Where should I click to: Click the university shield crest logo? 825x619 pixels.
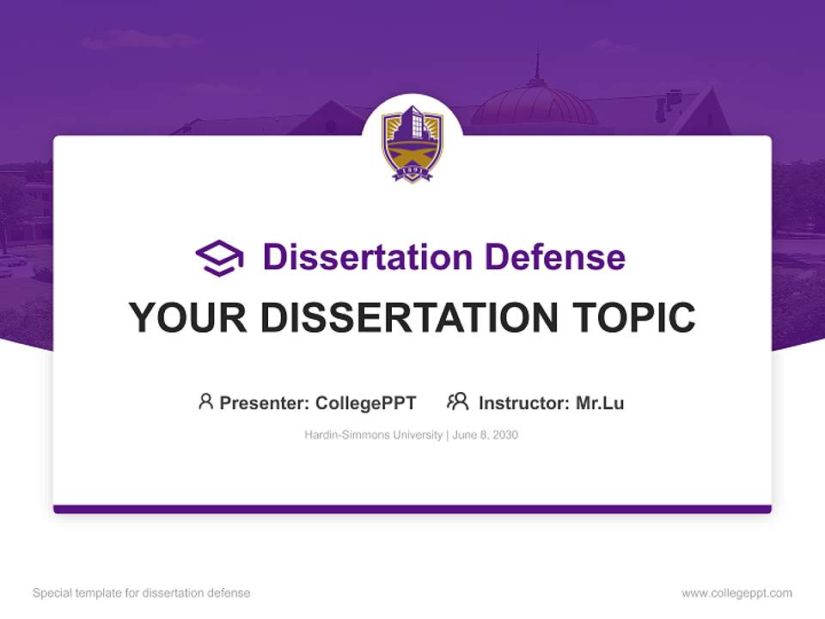[412, 143]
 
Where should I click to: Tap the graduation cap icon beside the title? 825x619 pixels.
[219, 258]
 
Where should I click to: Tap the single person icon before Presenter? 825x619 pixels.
[205, 401]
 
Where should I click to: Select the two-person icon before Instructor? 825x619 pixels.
[457, 401]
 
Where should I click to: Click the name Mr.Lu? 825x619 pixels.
[600, 403]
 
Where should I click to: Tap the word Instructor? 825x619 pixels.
[523, 403]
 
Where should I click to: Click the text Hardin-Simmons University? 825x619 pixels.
[372, 435]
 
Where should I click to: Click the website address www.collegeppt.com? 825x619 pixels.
[736, 593]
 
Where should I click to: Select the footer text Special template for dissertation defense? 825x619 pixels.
[142, 593]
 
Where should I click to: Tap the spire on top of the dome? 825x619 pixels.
[538, 67]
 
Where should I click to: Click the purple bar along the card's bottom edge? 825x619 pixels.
[412, 509]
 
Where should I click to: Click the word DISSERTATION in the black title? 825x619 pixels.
[407, 318]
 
